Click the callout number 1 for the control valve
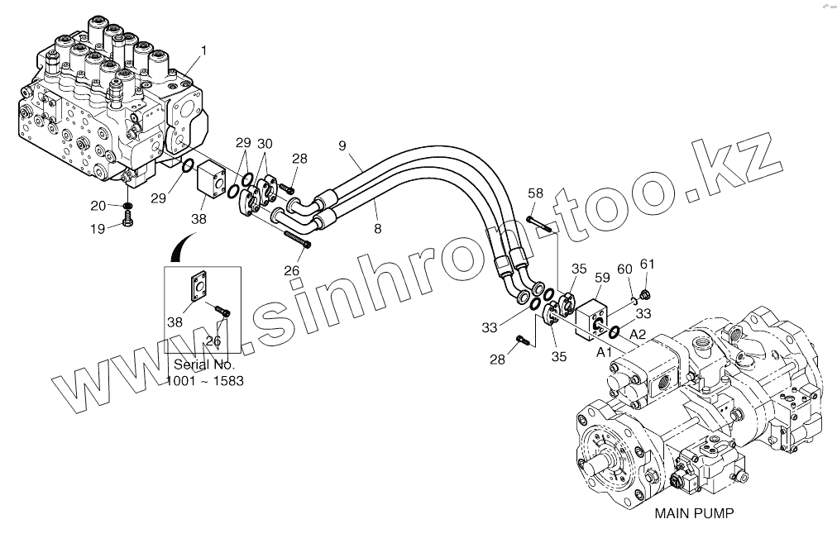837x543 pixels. coord(203,50)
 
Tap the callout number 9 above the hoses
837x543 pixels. coord(341,145)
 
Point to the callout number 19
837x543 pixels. coord(98,229)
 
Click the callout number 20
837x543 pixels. coord(98,205)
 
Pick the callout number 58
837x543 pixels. coord(536,193)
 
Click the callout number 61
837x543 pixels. coord(647,264)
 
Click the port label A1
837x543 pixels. coord(605,351)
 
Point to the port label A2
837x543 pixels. coord(638,334)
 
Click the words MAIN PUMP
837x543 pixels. coord(695,513)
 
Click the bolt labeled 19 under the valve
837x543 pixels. coord(127,219)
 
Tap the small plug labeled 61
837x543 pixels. coord(648,293)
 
